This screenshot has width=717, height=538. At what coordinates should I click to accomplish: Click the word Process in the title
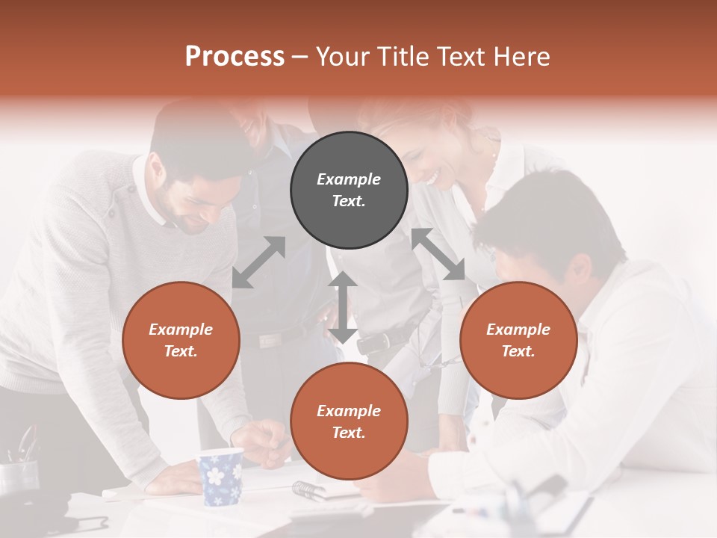click(235, 57)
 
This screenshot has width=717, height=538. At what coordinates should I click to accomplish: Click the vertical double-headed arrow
click(342, 307)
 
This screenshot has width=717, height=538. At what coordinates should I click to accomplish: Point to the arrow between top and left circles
click(258, 262)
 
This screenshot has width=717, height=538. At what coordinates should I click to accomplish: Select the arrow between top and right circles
click(438, 254)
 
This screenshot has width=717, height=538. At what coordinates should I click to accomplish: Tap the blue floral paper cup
click(221, 476)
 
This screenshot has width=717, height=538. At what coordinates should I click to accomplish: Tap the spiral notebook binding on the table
click(308, 490)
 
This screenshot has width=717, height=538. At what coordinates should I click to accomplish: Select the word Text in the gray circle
click(349, 201)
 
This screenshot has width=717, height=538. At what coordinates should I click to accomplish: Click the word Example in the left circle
click(181, 330)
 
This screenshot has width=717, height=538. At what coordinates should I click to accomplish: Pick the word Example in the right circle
click(518, 330)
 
